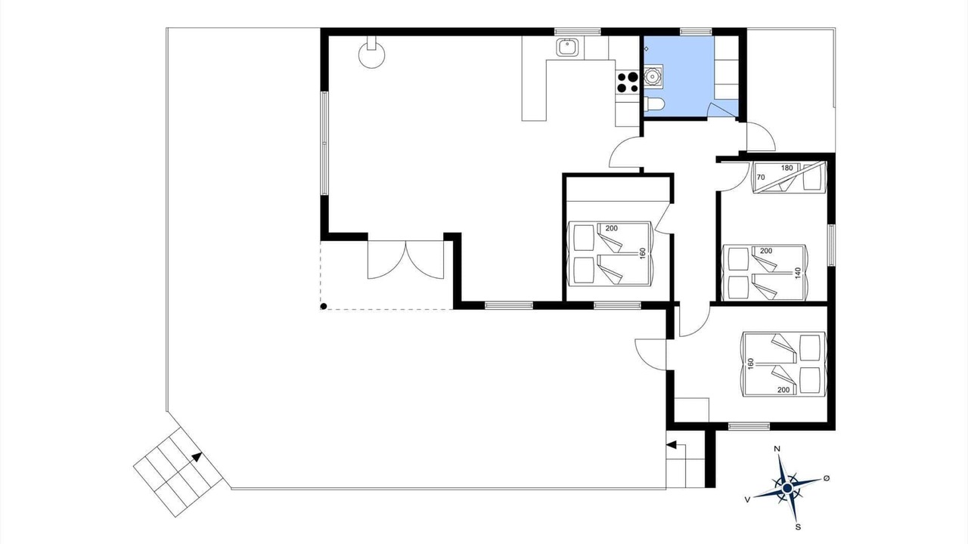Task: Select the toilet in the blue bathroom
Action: point(654,104)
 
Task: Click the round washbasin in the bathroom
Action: point(652,76)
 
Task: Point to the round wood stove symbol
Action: point(371,54)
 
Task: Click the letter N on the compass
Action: point(777,449)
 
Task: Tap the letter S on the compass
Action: point(798,527)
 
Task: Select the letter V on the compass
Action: point(747,499)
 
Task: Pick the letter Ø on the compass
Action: point(827,478)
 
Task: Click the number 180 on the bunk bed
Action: point(787,168)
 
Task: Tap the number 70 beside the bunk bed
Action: point(761,177)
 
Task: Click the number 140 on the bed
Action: point(798,273)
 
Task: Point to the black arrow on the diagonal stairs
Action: point(197,457)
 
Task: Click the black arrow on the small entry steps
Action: point(672,445)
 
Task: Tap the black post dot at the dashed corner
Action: point(323,307)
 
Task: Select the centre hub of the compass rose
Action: point(787,488)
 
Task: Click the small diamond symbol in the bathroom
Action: point(647,49)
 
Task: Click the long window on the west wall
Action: point(324,143)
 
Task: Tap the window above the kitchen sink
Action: point(577,32)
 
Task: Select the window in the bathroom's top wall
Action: point(697,32)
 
